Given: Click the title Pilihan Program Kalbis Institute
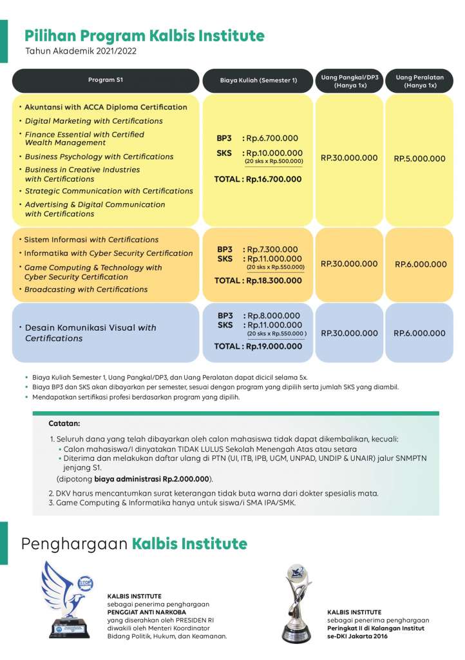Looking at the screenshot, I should [144, 35].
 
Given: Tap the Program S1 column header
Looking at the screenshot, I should [106, 80].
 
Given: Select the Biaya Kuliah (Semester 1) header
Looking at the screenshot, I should [258, 81].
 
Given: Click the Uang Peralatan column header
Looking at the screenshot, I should [420, 81].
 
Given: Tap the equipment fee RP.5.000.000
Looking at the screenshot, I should [420, 158].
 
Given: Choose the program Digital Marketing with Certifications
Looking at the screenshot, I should [93, 121].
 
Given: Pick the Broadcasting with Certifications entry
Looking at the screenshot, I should [86, 289].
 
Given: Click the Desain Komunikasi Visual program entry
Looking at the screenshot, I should [90, 333].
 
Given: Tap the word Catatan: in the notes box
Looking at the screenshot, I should [64, 424].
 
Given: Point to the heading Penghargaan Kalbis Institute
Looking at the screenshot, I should [134, 544].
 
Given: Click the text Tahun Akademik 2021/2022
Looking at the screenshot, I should [81, 50].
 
